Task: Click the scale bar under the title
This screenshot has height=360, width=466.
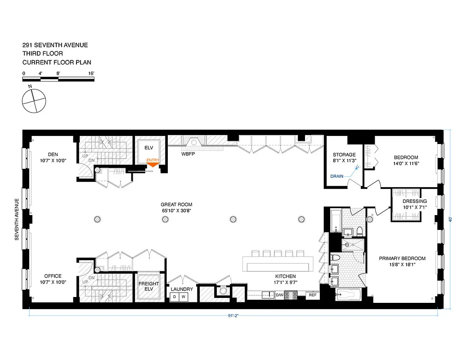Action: point(58,79)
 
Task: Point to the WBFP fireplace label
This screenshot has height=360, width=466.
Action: point(188,153)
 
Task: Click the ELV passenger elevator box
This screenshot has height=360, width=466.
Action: point(149,148)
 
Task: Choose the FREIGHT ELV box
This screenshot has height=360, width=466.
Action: point(148,287)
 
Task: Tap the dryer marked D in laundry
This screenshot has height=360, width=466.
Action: point(175,297)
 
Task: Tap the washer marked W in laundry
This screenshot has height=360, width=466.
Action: point(183,297)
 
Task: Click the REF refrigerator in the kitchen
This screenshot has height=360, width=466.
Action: point(312,295)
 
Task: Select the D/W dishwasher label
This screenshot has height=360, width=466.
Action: point(279,295)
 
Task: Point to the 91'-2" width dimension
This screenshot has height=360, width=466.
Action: point(233,315)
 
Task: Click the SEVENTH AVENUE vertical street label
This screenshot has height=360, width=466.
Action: point(17,219)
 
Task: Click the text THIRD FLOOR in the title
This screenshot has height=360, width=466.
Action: point(43,54)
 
